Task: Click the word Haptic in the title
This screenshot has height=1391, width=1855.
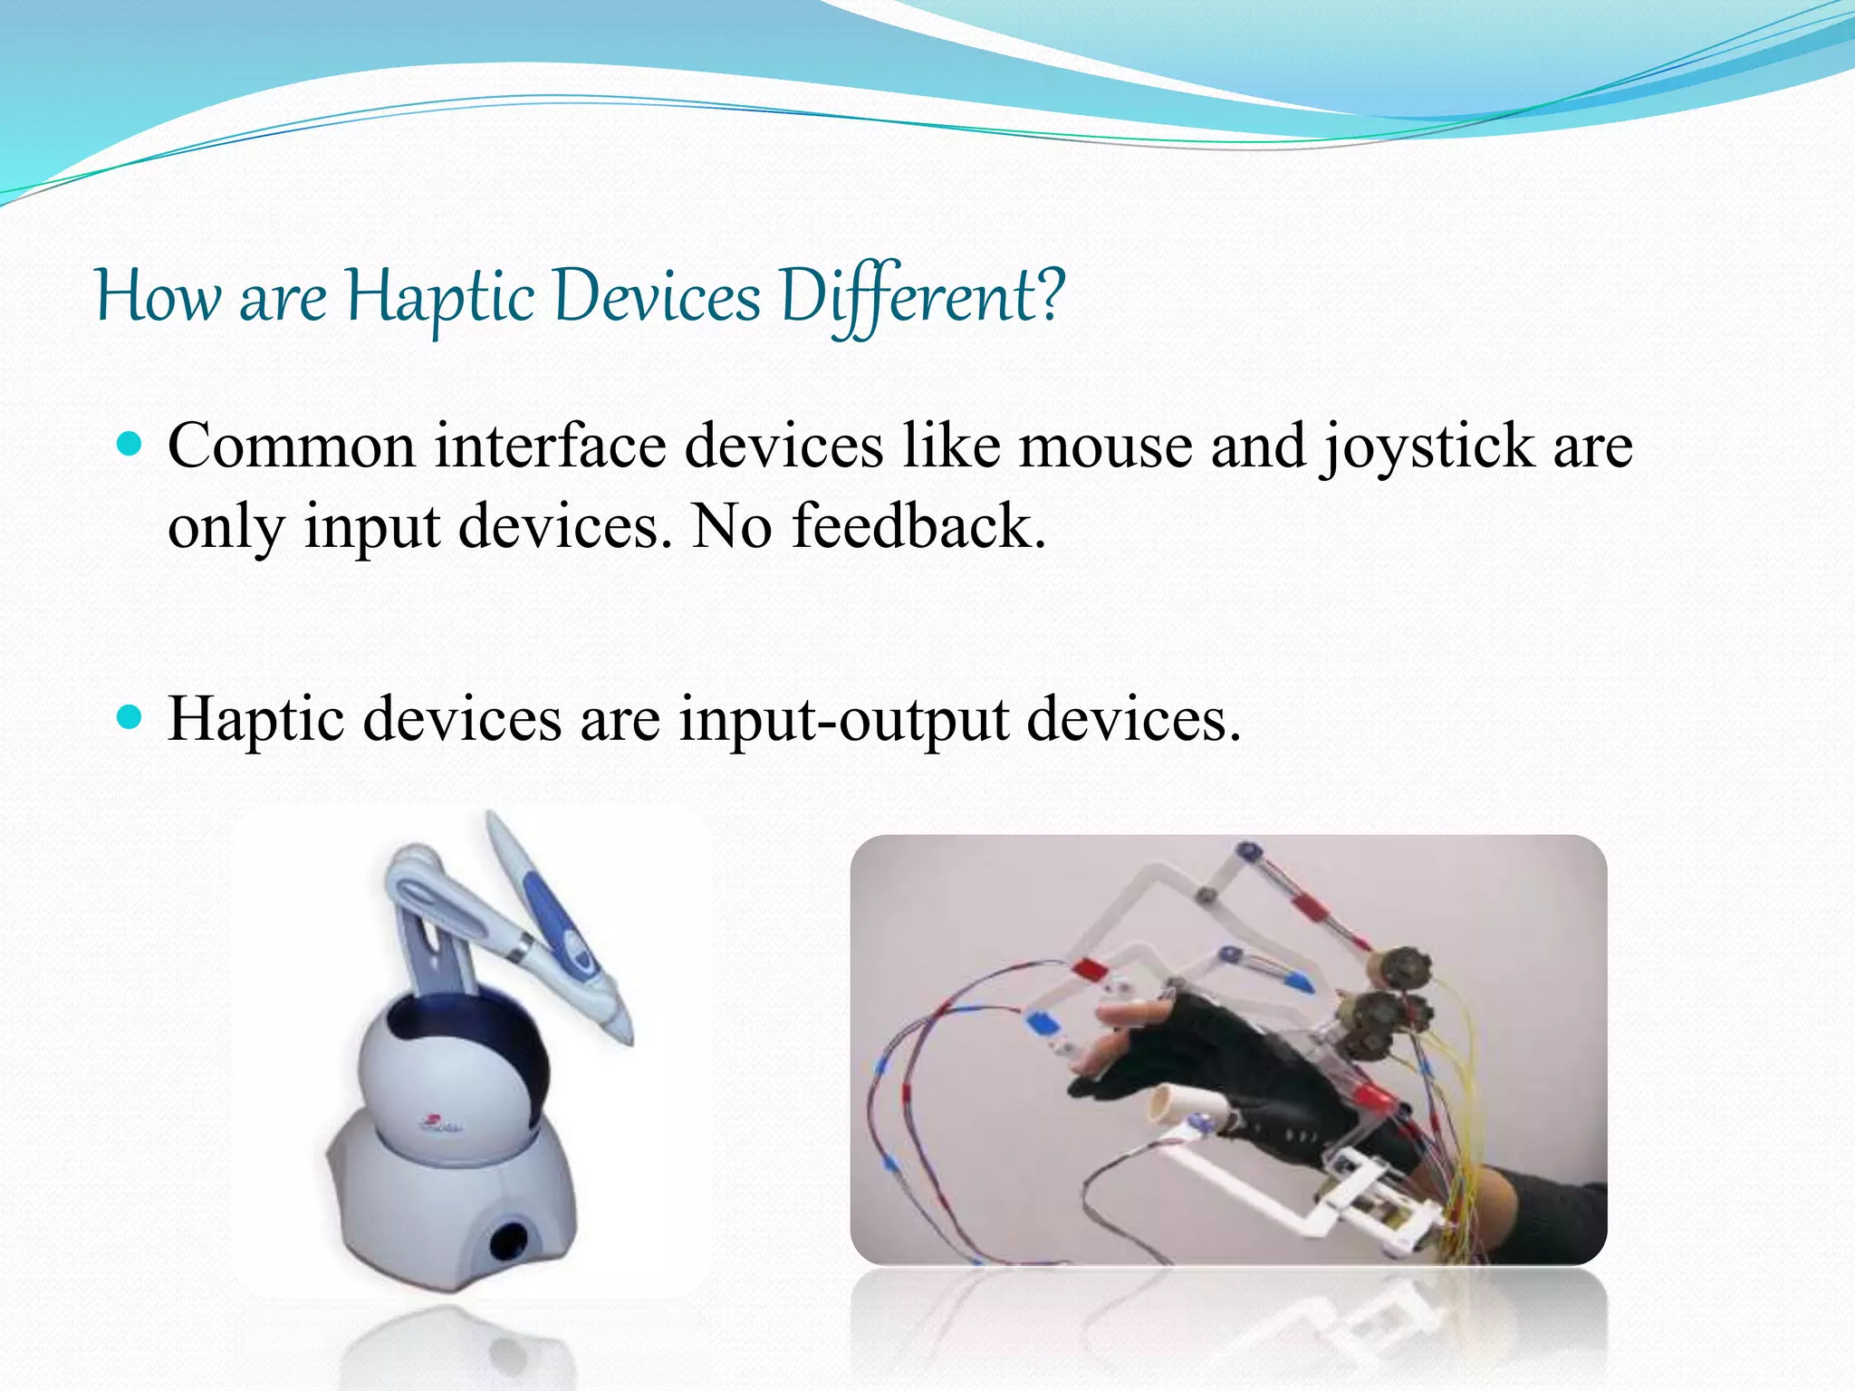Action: coord(440,297)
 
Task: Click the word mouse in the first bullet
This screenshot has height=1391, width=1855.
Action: coord(1105,447)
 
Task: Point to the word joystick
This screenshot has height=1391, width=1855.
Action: coord(1426,449)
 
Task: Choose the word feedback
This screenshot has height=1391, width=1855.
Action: coord(918,527)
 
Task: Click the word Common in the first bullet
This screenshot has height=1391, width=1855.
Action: coord(291,447)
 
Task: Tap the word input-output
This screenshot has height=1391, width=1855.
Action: coord(843,721)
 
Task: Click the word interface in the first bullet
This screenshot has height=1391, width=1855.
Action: coord(550,447)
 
